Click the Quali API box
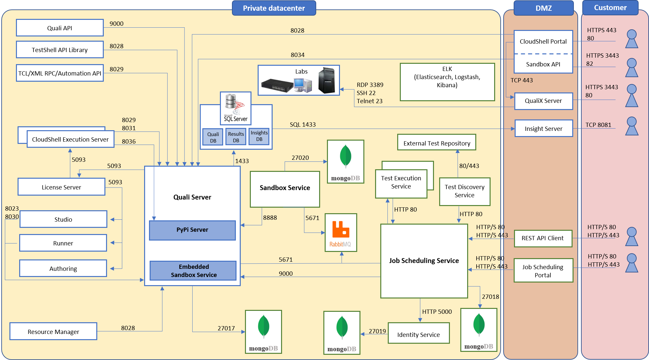click(x=60, y=28)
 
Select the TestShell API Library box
click(x=60, y=50)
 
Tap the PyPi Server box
click(x=192, y=230)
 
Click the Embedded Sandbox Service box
click(x=193, y=270)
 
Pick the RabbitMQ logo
click(x=341, y=232)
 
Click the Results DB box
click(x=236, y=137)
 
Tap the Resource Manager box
click(x=53, y=331)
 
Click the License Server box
click(x=61, y=187)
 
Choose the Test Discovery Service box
click(x=465, y=191)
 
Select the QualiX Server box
click(x=543, y=101)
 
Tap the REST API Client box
click(x=543, y=238)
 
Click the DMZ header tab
click(x=544, y=8)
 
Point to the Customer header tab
click(x=610, y=7)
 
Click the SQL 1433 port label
click(x=303, y=125)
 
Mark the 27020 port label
click(x=300, y=158)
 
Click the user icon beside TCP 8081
click(x=631, y=126)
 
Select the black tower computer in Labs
click(x=327, y=80)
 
